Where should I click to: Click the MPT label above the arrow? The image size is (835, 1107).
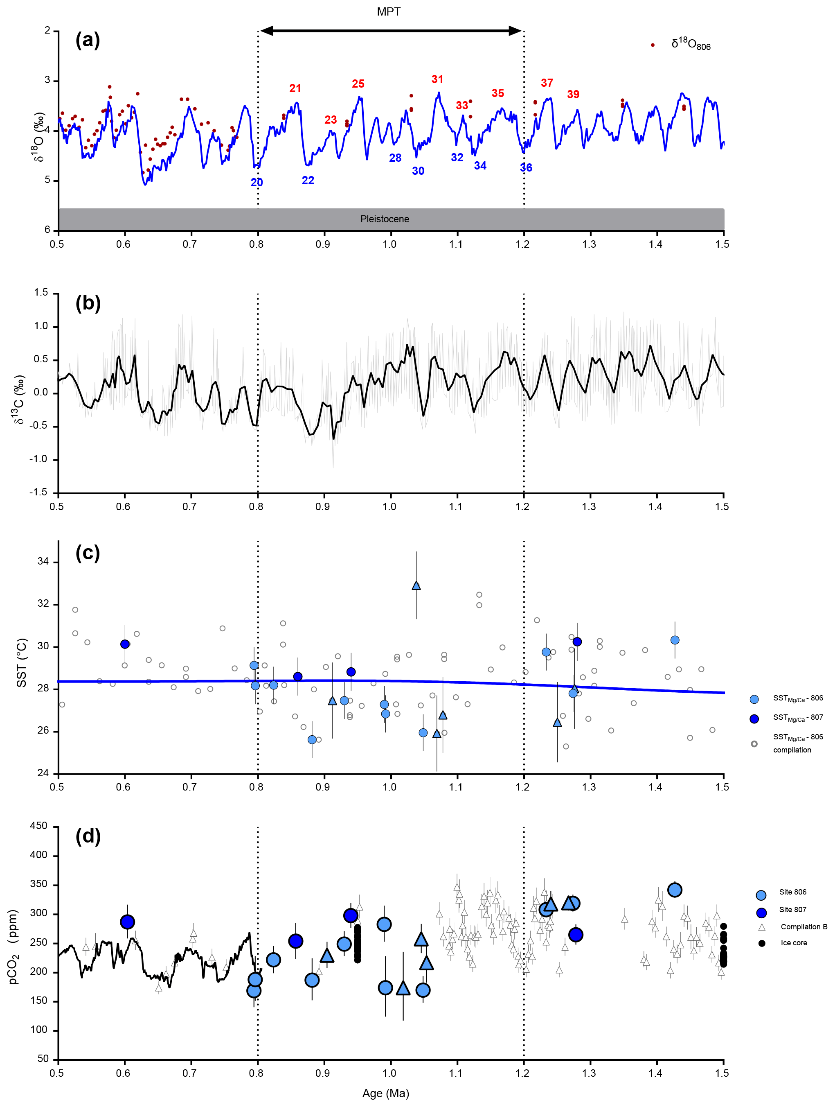389,11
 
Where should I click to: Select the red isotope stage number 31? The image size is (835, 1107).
437,79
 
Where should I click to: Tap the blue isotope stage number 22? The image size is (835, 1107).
308,180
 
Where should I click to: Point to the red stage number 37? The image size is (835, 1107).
547,83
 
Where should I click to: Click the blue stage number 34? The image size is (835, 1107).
480,166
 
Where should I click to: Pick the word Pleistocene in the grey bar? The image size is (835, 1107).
385,219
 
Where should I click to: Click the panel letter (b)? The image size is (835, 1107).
88,303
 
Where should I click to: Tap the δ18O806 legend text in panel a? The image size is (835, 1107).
691,45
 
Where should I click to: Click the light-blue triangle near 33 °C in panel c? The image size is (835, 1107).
416,585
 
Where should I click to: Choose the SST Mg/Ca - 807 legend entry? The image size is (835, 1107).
797,718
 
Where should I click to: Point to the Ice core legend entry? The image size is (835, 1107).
794,943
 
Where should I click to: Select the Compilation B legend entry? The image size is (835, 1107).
803,927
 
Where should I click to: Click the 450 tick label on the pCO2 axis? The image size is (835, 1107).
39,826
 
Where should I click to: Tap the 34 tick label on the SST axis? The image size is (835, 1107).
43,562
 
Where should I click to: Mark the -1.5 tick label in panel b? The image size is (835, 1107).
38,493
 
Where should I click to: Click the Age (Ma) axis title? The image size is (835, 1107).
385,1093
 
